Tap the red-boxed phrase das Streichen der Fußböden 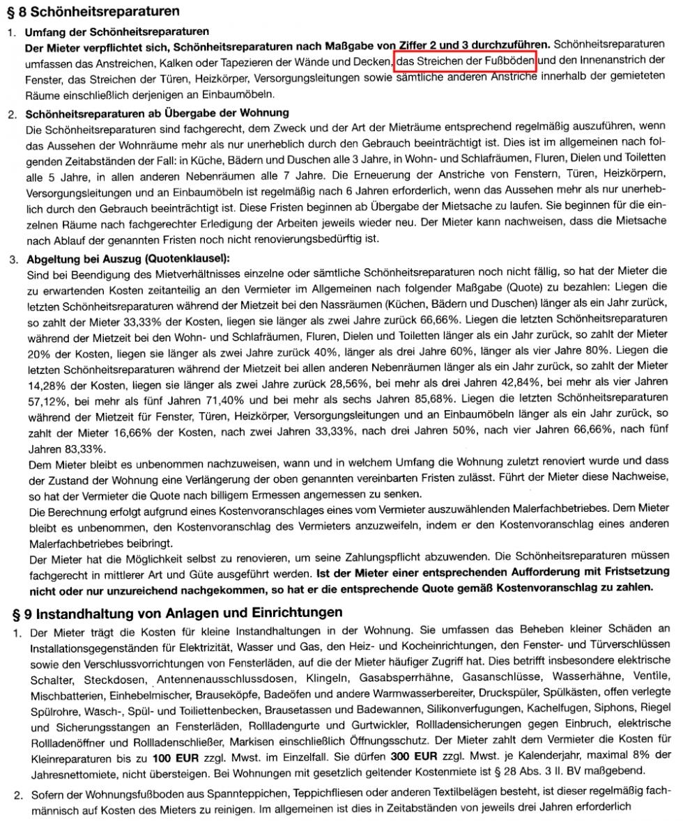pyautogui.click(x=465, y=63)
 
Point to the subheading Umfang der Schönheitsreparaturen pyautogui.click(x=117, y=32)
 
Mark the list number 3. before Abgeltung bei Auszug pyautogui.click(x=12, y=259)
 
